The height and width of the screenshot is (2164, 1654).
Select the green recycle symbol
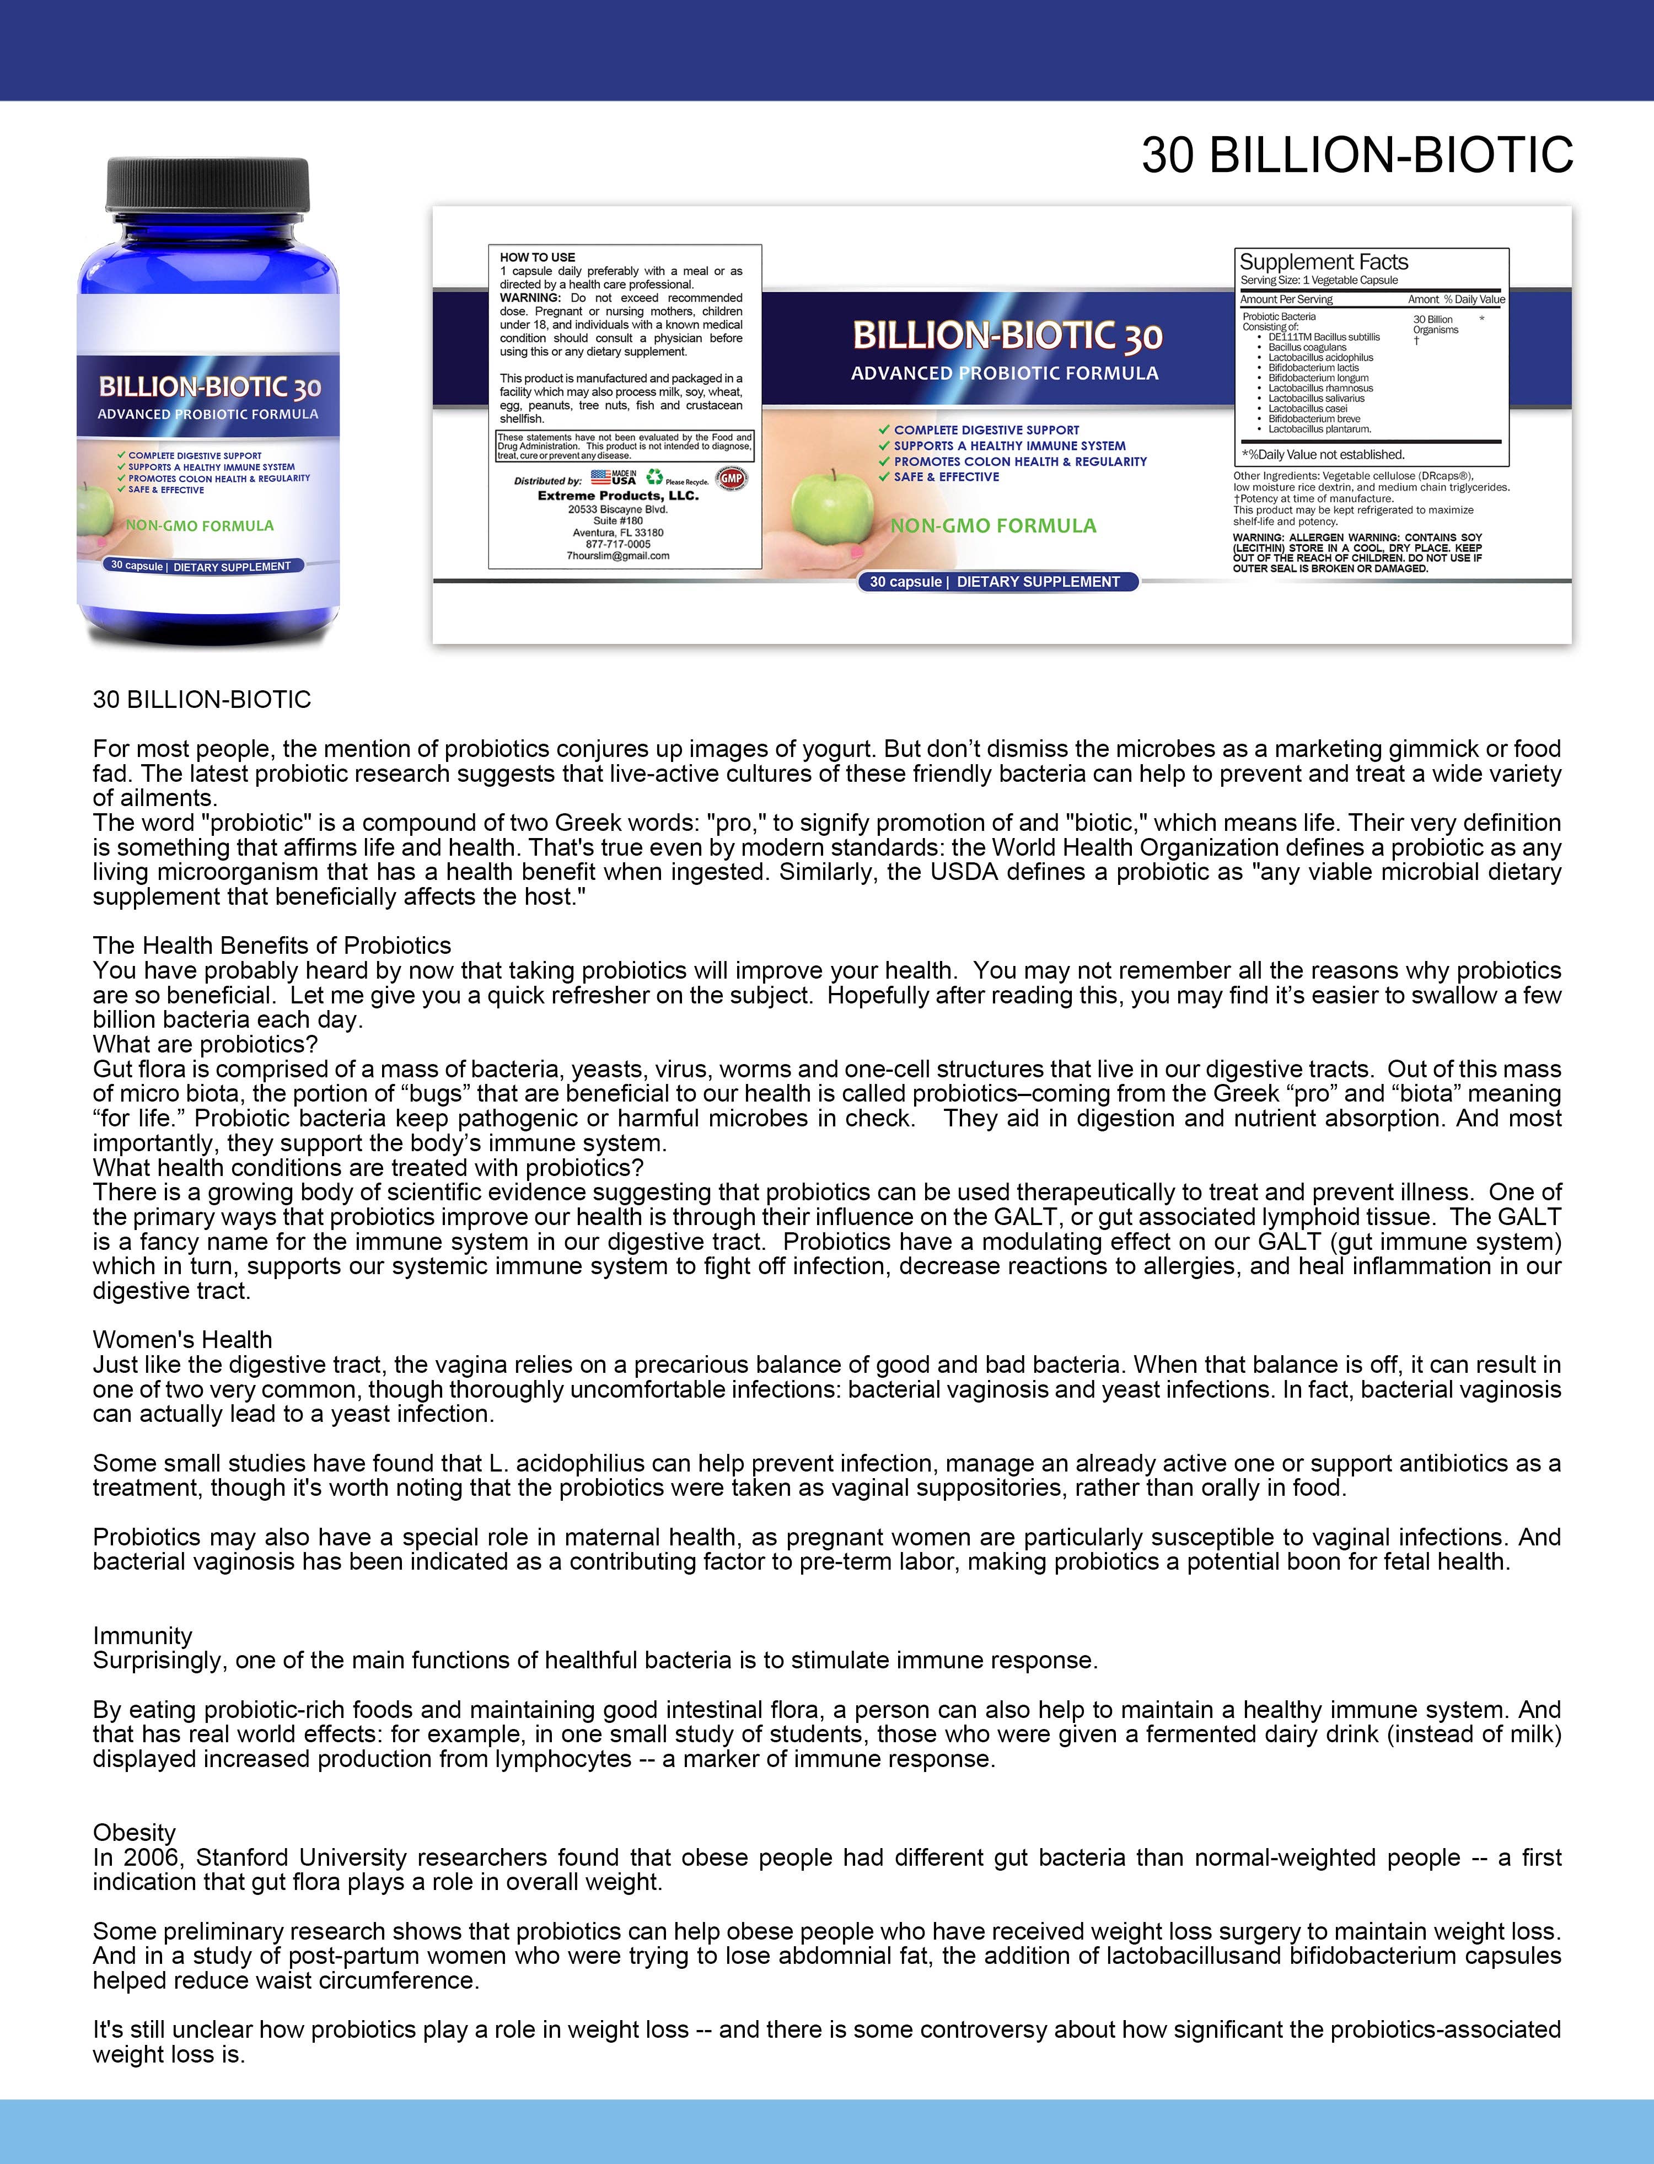[x=654, y=477]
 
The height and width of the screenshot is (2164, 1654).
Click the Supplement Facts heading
[x=1323, y=262]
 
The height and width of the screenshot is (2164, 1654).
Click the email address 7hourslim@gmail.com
[x=618, y=555]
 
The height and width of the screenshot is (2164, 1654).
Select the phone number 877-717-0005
[x=618, y=544]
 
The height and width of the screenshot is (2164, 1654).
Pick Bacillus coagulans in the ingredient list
[x=1307, y=347]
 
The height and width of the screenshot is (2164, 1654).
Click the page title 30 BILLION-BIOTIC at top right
[x=1357, y=155]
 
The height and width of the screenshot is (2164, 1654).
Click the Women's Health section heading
[x=182, y=1340]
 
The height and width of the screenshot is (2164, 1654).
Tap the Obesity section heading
[x=134, y=1832]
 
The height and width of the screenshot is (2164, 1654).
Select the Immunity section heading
[x=143, y=1635]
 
